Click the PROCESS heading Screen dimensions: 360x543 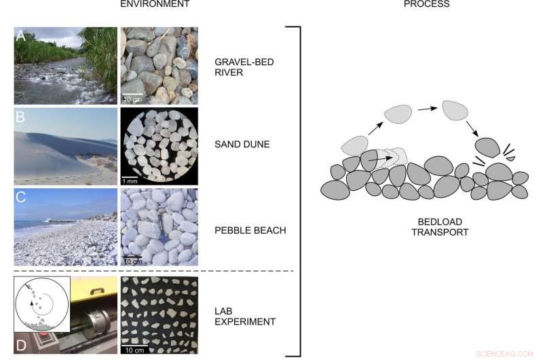[426, 4]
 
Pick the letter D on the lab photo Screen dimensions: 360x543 [21, 344]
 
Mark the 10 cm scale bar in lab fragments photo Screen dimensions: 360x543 [132, 348]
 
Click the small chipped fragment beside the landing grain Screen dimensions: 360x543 [510, 158]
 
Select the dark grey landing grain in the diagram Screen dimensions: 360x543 [487, 147]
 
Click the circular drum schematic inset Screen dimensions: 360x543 [43, 302]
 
